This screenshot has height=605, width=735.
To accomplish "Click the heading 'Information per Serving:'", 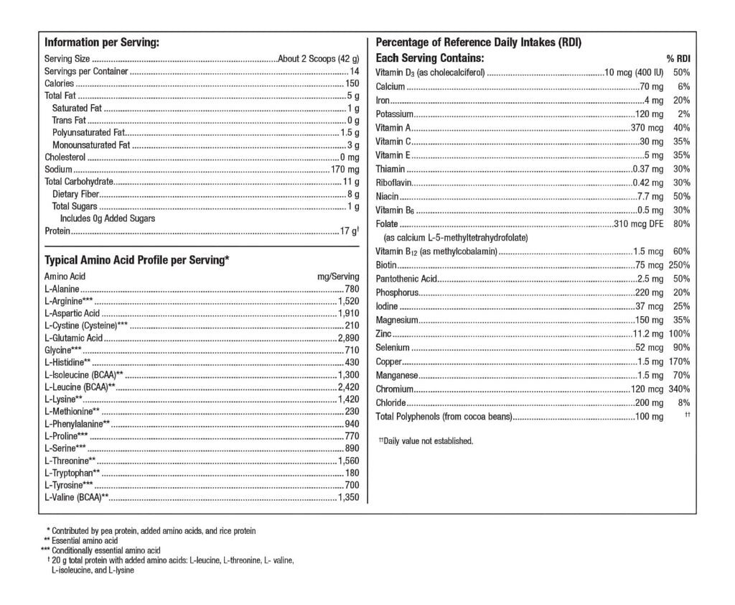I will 101,42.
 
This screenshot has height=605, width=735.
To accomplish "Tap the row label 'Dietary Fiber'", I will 75,194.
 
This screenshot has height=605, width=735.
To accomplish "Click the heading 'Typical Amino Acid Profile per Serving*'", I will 136,260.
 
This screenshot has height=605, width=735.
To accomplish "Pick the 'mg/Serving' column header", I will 338,276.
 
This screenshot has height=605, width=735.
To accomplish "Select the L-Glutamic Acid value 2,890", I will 348,338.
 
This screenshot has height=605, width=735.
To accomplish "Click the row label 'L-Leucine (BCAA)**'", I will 80,387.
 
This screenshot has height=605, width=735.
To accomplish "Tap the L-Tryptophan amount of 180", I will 352,473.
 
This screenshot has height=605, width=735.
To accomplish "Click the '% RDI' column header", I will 678,59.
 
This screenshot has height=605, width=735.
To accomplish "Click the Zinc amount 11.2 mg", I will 648,334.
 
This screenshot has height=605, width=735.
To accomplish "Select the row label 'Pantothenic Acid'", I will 406,279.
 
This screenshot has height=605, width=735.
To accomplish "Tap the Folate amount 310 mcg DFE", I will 639,224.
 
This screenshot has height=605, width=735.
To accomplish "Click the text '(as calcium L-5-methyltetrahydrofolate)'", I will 456,238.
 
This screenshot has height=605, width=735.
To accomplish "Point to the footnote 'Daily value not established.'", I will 428,441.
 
